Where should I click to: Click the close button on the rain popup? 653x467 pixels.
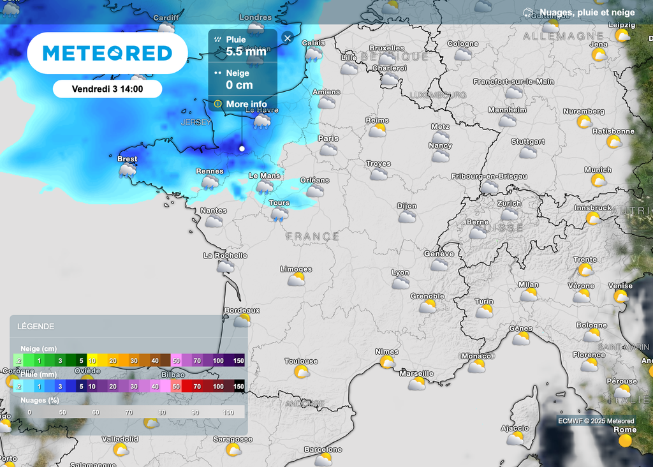287,38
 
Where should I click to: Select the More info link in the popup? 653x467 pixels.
246,104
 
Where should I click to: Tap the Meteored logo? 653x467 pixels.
107,53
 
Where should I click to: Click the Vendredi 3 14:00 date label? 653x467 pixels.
107,89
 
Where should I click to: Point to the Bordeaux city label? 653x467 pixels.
242,310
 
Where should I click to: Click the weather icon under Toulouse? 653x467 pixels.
302,372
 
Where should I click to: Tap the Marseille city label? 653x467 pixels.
416,373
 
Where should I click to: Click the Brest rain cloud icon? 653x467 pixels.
128,170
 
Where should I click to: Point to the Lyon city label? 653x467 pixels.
400,272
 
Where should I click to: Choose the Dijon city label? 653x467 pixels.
406,206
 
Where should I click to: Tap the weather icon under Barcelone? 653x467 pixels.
324,459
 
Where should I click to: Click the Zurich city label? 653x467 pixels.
509,204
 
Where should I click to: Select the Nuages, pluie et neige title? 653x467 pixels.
587,12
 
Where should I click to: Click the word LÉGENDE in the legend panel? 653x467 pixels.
36,327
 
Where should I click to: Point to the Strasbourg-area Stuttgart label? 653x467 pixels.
528,141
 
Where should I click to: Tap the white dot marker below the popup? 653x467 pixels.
242,149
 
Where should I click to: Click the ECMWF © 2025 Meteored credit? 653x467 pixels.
596,420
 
